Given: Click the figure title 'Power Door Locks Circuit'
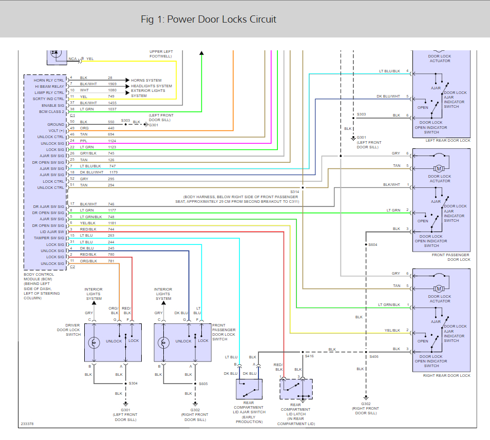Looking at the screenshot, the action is pos(221,20).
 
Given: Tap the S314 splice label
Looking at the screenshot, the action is pos(295,192).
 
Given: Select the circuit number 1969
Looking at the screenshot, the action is pos(112,84).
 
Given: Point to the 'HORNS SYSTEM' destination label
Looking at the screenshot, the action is pos(146,80).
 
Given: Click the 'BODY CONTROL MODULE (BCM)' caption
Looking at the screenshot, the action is pos(39,277).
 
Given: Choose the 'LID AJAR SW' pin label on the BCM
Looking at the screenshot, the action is pos(52,232).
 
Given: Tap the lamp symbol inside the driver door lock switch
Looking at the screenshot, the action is pos(94,343).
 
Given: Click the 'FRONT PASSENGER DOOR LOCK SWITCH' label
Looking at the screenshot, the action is pos(224,332).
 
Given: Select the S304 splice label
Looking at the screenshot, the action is pos(133,383).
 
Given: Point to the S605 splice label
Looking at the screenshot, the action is pos(203,384).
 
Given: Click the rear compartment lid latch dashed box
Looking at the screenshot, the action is pos(296,389).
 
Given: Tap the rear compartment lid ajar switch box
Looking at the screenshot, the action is pos(249,389).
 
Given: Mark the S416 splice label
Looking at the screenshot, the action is pos(309,356).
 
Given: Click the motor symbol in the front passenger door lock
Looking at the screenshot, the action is pos(439,168).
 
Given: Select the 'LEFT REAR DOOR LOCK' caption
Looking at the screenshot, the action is pos(448,141).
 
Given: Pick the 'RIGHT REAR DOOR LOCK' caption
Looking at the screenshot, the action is pos(446,375).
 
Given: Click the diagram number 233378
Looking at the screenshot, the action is pos(27,424).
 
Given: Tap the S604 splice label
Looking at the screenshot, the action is pos(373,244).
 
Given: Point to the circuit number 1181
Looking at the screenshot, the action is pos(112,223).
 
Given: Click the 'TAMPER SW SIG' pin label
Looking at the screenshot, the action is pos(49,238).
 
